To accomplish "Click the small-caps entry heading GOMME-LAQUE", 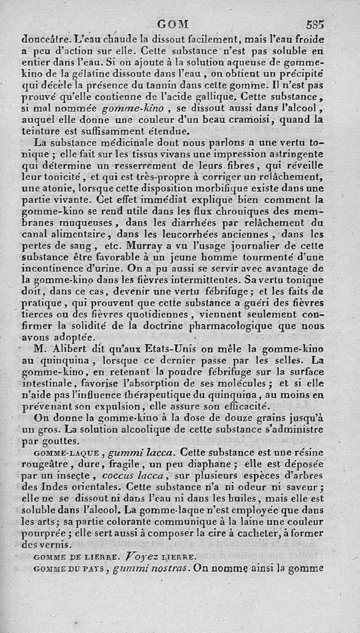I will click(x=63, y=452).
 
